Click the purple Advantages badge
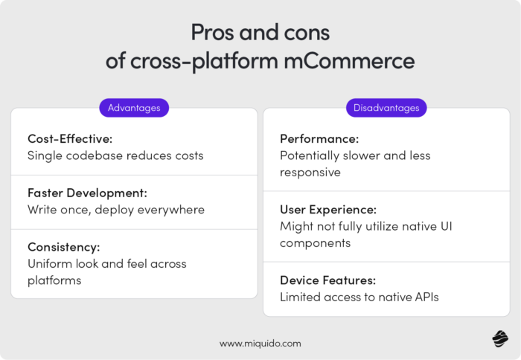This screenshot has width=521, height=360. pos(134,108)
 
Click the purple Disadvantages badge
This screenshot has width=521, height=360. pos(386,108)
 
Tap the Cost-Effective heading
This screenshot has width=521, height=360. pos(69,139)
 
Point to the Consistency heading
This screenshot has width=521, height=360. pos(63,247)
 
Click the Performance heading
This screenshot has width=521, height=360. pos(319,139)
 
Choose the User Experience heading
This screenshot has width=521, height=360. pos(327,209)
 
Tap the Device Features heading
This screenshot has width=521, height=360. pos(327,280)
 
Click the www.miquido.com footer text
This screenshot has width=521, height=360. pos(260,343)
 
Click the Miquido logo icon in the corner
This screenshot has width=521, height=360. pos(499,339)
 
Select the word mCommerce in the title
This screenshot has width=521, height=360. pos(356,61)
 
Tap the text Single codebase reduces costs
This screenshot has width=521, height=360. pos(115,156)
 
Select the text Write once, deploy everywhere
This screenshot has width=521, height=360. pos(116,210)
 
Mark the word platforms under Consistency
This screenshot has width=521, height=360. pos(54,280)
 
